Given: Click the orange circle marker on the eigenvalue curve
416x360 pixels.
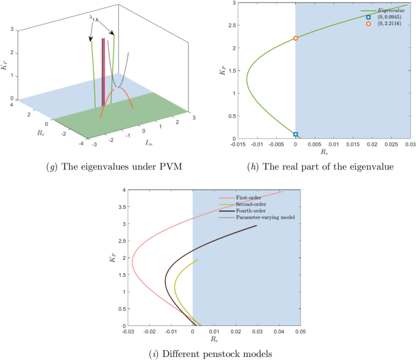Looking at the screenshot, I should click(296, 38).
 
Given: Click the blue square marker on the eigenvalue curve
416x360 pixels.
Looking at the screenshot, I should click(296, 134).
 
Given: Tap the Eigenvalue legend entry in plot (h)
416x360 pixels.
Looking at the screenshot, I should click(390, 10).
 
